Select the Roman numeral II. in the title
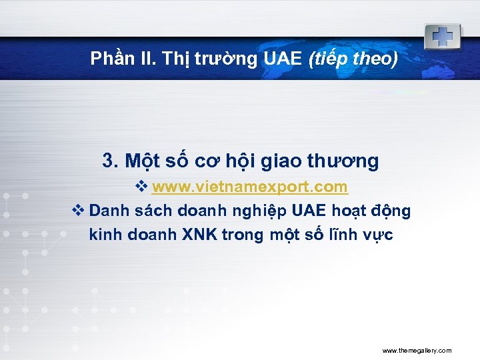pos(144,59)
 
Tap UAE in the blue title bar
pos(283,59)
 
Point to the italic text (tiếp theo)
pos(353,59)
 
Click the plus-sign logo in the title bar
pos(442,37)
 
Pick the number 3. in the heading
pos(111,161)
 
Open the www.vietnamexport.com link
pos(249,186)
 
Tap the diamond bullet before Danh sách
pos(77,211)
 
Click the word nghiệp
pos(255,211)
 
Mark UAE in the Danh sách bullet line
pos(309,211)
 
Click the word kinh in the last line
pos(105,235)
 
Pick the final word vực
pos(378,235)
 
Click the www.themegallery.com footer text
pos(417,350)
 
